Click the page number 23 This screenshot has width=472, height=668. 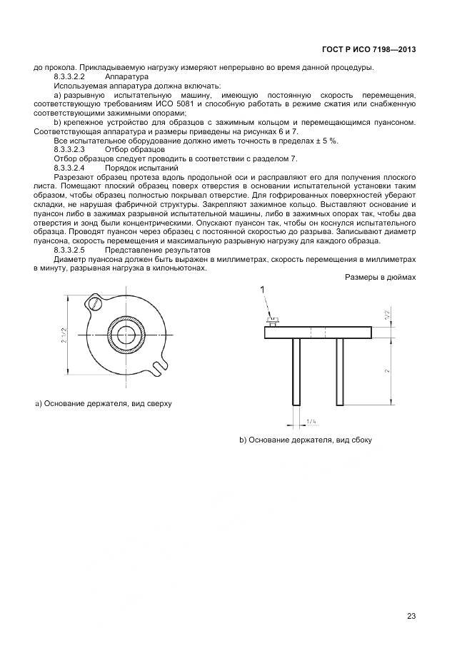point(411,616)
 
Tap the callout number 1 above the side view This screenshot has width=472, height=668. point(263,289)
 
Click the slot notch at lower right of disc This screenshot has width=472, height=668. point(159,365)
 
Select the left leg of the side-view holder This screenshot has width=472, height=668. point(295,371)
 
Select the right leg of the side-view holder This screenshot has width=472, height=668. point(340,371)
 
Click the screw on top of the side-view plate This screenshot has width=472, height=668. point(272,320)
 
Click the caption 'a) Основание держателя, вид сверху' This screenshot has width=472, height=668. point(104,404)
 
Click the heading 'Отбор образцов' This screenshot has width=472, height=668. point(134,150)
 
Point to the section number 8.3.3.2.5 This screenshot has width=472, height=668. point(70,251)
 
